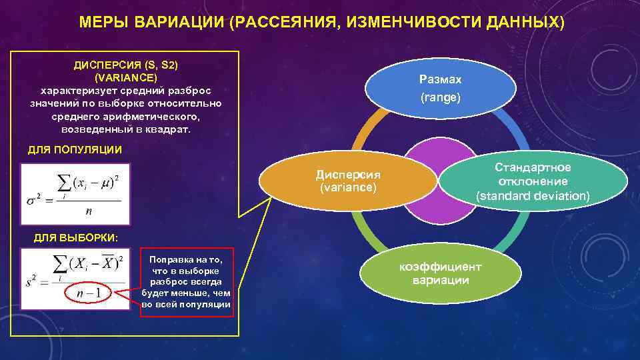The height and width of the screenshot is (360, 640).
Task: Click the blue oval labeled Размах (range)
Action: (x=440, y=88)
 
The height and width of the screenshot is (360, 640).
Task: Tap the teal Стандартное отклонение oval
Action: (x=533, y=181)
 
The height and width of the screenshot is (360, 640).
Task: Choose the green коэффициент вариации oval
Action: (x=440, y=273)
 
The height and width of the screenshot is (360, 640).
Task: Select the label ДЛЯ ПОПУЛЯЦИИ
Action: (x=75, y=149)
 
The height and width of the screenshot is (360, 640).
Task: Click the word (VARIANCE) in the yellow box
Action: (x=126, y=77)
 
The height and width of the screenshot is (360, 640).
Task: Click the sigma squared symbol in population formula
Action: (x=32, y=198)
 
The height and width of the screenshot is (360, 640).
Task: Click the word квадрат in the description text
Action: (x=169, y=129)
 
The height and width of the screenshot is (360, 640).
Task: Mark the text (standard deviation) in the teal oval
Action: (x=533, y=196)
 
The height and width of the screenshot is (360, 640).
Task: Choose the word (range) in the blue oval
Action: (x=440, y=97)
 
